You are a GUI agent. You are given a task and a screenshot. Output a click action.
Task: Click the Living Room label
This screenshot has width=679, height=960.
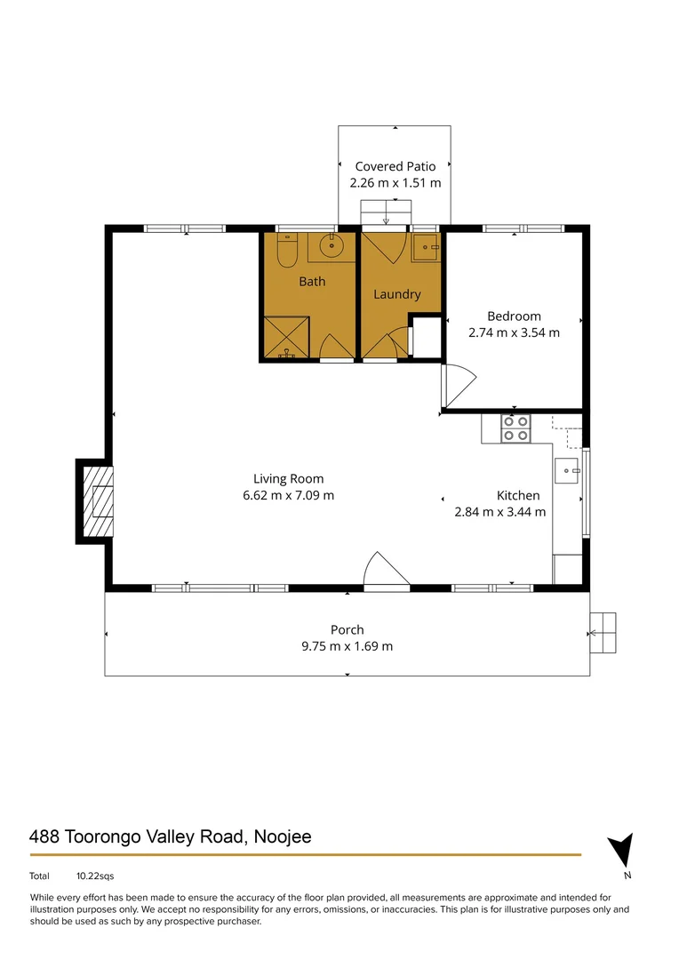pyautogui.click(x=288, y=478)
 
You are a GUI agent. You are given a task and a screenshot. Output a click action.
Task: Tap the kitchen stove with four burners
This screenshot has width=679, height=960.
pyautogui.click(x=515, y=428)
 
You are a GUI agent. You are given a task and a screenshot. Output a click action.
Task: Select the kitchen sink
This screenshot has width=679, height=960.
pyautogui.click(x=566, y=469)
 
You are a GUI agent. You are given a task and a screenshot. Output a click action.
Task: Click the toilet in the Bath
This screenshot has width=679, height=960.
pyautogui.click(x=285, y=252)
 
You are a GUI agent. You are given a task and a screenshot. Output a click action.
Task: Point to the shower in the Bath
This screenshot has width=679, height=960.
pyautogui.click(x=286, y=338)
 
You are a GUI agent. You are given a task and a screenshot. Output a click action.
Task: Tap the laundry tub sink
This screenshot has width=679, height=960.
pyautogui.click(x=427, y=248)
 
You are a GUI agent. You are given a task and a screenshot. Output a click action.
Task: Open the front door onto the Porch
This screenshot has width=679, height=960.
pyautogui.click(x=387, y=571)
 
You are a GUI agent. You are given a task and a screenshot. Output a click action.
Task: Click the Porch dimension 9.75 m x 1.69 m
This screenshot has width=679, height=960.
pyautogui.click(x=347, y=646)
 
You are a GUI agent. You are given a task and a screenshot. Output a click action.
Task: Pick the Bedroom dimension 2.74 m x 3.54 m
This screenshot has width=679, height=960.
pyautogui.click(x=514, y=333)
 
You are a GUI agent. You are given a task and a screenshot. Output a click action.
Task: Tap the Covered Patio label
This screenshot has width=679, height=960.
pyautogui.click(x=395, y=166)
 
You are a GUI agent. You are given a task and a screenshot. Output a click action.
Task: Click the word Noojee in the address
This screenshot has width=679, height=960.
pyautogui.click(x=282, y=836)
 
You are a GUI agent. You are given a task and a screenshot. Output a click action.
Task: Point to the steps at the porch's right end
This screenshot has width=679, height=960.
pyautogui.click(x=603, y=632)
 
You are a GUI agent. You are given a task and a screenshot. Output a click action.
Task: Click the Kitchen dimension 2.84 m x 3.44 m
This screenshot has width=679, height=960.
pyautogui.click(x=499, y=512)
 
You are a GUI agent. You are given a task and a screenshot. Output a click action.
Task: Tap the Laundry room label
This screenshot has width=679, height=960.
pyautogui.click(x=396, y=294)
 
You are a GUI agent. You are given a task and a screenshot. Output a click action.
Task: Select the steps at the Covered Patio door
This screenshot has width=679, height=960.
pyautogui.click(x=387, y=212)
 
